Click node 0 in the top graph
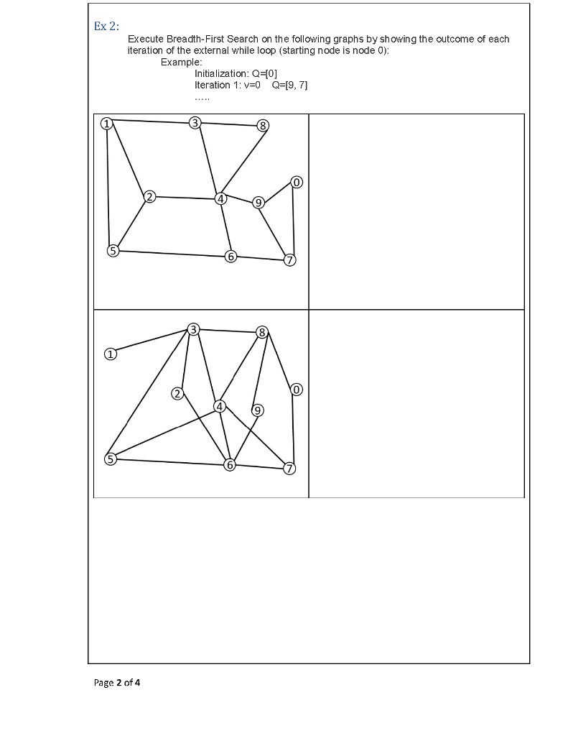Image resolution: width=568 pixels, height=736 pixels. (x=297, y=182)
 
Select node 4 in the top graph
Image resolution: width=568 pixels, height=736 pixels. (x=220, y=198)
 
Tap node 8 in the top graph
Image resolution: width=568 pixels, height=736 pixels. (x=263, y=126)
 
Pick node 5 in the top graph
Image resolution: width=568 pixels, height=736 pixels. (x=113, y=251)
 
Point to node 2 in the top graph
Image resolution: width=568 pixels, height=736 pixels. (x=149, y=197)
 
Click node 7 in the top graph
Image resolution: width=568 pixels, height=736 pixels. (x=290, y=260)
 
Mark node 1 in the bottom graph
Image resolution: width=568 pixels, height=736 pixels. (x=110, y=354)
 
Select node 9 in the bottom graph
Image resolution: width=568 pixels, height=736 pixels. (x=257, y=410)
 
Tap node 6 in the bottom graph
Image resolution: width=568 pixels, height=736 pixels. (x=229, y=465)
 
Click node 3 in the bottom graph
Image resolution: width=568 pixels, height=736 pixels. (x=192, y=329)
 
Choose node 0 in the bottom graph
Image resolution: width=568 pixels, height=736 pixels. (x=297, y=390)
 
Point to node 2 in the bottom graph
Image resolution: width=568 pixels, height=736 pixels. (x=177, y=394)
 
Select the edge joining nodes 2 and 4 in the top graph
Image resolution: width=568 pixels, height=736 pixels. (x=185, y=198)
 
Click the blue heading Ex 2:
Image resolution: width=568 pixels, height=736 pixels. (x=106, y=27)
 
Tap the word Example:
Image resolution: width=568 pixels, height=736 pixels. (x=182, y=62)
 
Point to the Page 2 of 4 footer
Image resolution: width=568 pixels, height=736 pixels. (x=117, y=683)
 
